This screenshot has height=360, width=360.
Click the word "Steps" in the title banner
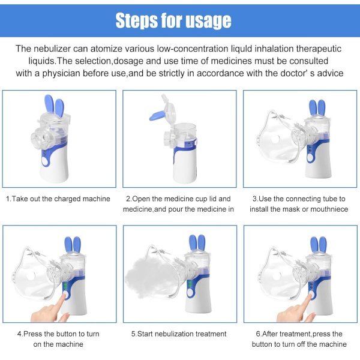136,21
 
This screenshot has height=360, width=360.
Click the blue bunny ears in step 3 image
317,107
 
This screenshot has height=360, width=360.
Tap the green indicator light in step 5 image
190,284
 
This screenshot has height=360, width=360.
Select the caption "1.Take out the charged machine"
58,199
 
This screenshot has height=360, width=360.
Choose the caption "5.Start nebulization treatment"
179,334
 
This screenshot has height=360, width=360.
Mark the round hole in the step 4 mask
31,275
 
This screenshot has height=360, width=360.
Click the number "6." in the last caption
259,334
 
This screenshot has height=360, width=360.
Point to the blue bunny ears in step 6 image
318,245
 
